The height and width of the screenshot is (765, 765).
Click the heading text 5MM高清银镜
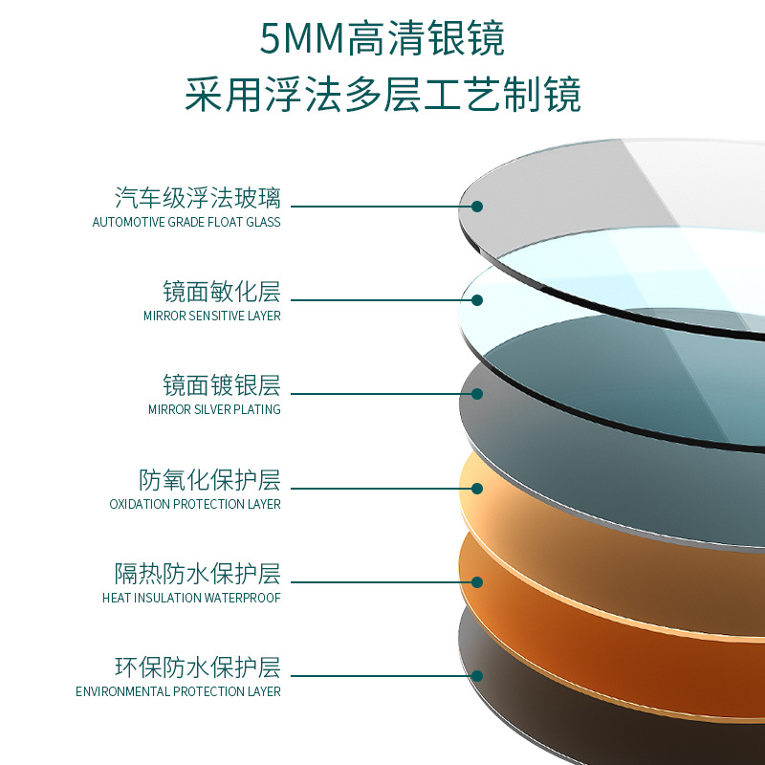click(382, 39)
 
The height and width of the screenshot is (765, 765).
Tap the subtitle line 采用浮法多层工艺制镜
click(382, 96)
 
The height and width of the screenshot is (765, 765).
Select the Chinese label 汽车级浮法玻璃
click(198, 198)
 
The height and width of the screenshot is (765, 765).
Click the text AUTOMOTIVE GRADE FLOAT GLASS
click(186, 222)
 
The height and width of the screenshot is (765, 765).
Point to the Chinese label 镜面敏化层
click(222, 292)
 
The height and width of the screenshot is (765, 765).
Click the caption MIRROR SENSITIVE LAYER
click(212, 316)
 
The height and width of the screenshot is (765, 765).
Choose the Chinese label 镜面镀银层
click(222, 385)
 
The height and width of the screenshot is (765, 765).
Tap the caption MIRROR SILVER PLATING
click(214, 409)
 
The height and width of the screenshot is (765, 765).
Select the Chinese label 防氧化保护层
click(209, 479)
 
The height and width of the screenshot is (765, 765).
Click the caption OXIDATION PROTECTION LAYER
click(195, 504)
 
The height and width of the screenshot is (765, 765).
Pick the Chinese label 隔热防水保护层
click(198, 574)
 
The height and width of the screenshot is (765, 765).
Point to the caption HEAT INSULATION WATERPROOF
click(191, 598)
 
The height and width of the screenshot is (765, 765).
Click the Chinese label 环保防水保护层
click(198, 667)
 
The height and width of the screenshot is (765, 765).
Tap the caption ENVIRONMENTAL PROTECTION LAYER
click(179, 691)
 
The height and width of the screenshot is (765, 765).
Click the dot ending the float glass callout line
click(477, 206)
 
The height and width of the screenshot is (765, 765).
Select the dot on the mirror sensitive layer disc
click(477, 299)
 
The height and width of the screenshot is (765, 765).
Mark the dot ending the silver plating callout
click(477, 393)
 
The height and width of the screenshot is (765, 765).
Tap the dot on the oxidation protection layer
click(477, 488)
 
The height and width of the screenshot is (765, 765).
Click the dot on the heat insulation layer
click(477, 581)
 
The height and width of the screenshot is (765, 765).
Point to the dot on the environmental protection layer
click(477, 675)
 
